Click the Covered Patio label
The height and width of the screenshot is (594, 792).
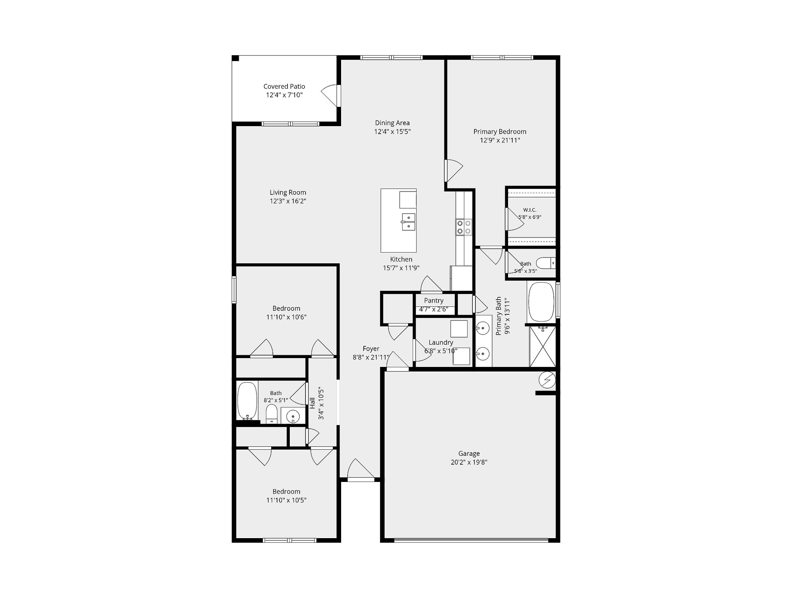tap(284, 86)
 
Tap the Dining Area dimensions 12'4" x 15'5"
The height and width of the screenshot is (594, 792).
tap(392, 131)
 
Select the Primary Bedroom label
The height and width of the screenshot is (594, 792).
tap(500, 132)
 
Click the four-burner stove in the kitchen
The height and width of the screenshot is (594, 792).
tap(464, 227)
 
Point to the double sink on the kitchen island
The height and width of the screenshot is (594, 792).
tap(408, 222)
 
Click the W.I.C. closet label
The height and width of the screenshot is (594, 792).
tap(530, 210)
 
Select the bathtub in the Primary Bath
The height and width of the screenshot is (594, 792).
tap(541, 302)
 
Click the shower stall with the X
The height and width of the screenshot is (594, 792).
tap(543, 346)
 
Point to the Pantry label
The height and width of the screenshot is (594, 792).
tap(434, 300)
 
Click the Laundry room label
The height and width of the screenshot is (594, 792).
tap(441, 342)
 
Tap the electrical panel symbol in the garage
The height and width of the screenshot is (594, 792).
tap(548, 380)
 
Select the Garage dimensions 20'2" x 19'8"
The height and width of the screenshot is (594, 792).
tap(469, 462)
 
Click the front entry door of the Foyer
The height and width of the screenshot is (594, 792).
tap(361, 470)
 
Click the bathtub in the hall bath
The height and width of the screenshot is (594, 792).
tap(247, 401)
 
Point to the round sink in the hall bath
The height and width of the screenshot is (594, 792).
tap(293, 416)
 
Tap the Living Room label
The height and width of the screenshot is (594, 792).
tap(288, 192)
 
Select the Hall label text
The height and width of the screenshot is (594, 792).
tap(312, 403)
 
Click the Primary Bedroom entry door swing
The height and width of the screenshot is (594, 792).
tap(454, 171)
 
